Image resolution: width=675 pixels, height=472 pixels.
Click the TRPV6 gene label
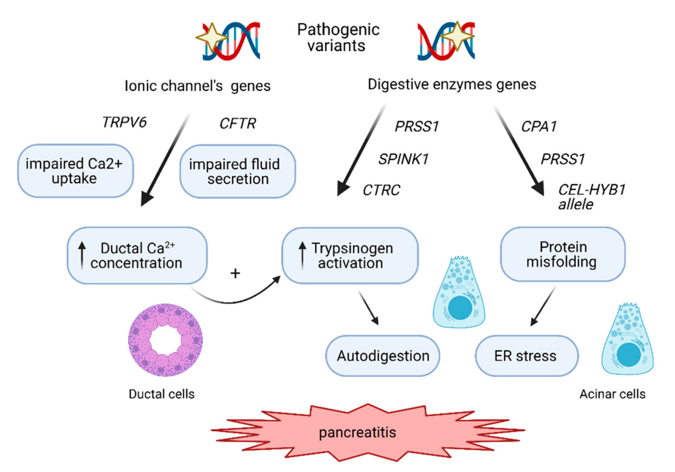(124, 122)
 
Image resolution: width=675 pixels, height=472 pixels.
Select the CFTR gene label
(238, 123)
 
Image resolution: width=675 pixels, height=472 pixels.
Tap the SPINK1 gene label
(403, 159)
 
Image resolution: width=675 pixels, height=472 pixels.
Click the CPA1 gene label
(539, 127)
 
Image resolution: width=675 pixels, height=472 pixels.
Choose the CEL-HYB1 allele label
(591, 197)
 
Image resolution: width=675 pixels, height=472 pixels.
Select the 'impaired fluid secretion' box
(238, 171)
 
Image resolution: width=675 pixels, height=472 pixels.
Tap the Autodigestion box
(383, 356)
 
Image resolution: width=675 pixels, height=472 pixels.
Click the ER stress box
(526, 356)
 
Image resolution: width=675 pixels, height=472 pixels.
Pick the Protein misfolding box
(562, 254)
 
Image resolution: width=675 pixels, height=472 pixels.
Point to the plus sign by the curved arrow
(235, 274)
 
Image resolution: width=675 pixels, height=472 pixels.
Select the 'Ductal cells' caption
(161, 394)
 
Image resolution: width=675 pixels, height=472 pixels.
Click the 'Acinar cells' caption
(612, 394)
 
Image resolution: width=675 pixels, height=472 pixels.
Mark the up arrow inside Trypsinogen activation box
(302, 255)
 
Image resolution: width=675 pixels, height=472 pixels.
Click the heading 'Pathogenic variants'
(338, 38)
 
